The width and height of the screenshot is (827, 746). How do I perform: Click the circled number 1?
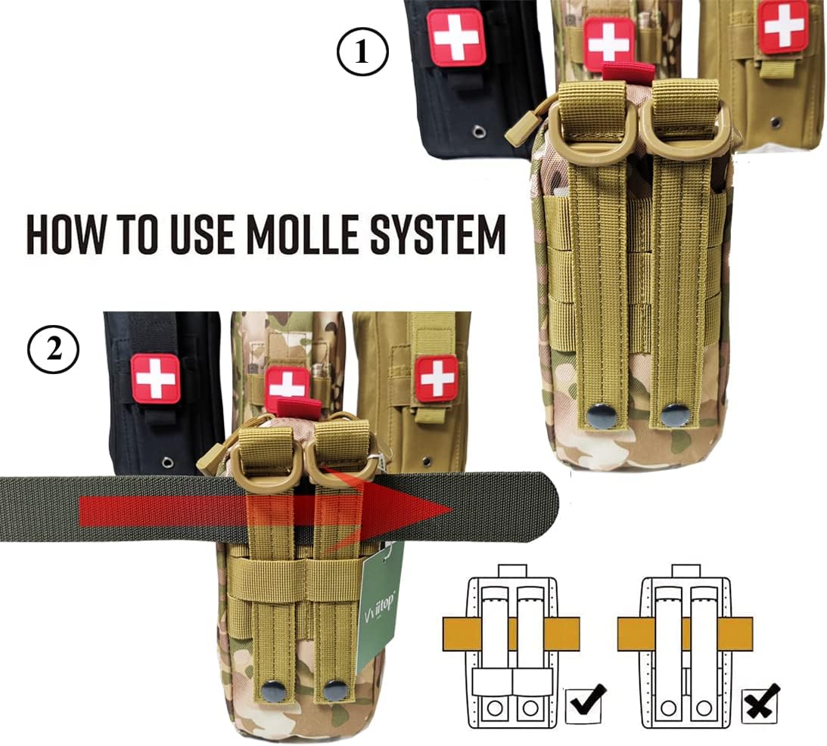click(362, 53)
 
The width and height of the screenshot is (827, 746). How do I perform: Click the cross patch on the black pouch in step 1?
click(455, 37)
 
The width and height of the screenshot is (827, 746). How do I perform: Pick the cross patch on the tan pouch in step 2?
click(437, 378)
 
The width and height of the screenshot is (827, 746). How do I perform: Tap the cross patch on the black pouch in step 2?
click(155, 378)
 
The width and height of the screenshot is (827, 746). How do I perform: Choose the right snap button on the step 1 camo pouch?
click(671, 415)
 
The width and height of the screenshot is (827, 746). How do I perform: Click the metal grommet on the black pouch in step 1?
click(478, 133)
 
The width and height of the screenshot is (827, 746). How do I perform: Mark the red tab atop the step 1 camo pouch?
click(628, 72)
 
